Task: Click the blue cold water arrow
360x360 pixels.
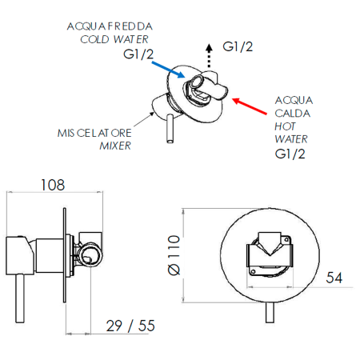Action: (168, 70)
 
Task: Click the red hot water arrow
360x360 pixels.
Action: (250, 106)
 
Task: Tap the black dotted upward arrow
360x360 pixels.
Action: (209, 55)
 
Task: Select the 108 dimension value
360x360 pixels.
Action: (53, 185)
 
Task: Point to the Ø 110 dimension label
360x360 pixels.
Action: (174, 255)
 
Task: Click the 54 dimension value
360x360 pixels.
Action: (334, 278)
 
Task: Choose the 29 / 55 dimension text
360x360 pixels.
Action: (130, 326)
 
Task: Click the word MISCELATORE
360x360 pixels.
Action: (94, 133)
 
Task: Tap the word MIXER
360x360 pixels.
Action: (115, 146)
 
